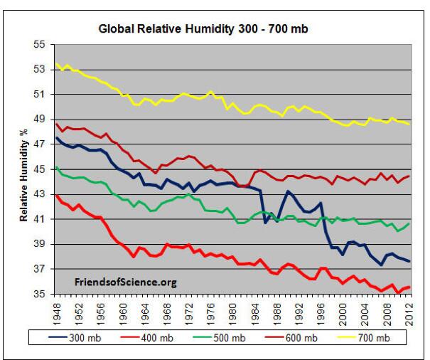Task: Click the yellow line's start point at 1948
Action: click(56, 64)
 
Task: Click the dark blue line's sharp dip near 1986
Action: click(265, 222)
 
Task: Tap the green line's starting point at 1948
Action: click(56, 167)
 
